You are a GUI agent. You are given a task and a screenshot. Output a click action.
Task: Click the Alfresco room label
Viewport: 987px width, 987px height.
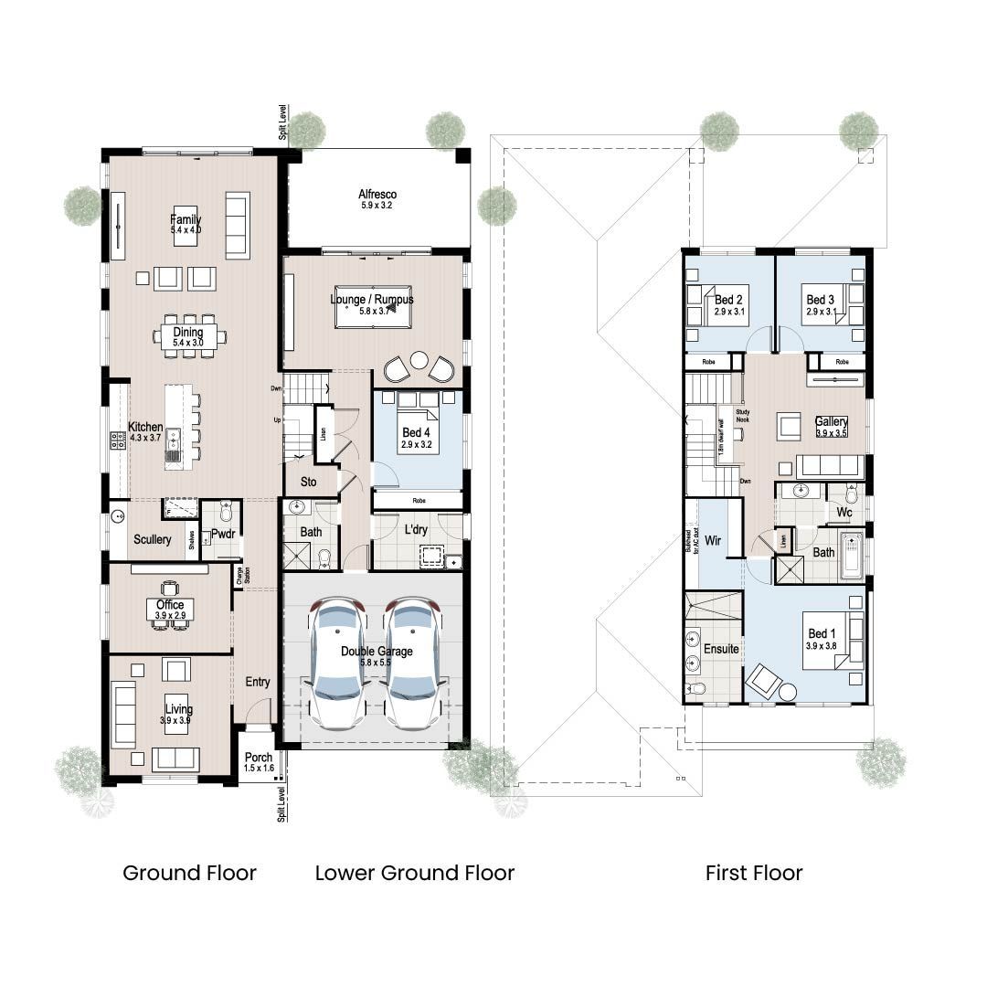click(377, 194)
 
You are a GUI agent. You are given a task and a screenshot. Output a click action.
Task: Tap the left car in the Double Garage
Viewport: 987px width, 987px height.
click(337, 663)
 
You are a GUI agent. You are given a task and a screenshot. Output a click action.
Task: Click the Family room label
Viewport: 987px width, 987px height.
click(186, 219)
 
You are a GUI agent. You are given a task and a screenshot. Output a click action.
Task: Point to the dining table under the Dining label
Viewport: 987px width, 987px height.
click(190, 336)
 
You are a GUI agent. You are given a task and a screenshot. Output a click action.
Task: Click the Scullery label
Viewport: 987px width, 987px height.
click(152, 539)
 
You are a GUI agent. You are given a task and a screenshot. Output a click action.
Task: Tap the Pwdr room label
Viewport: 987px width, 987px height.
click(223, 534)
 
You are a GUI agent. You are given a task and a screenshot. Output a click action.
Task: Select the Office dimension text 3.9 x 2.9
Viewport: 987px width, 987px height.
click(170, 616)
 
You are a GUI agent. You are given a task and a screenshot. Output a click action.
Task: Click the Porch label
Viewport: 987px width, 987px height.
click(259, 758)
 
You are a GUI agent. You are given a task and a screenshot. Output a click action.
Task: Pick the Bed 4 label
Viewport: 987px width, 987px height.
click(415, 432)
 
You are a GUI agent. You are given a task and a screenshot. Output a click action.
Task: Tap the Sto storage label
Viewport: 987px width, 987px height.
click(308, 481)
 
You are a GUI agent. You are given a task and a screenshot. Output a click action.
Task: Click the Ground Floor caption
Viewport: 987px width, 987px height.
click(189, 873)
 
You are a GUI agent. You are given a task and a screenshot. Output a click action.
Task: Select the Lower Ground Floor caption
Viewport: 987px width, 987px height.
click(415, 873)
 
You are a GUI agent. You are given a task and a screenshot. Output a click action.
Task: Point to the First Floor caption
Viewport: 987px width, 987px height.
click(754, 873)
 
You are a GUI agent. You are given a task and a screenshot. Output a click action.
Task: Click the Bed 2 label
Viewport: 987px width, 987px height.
click(727, 300)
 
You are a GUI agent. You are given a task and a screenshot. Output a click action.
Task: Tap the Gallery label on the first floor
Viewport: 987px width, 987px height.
click(832, 422)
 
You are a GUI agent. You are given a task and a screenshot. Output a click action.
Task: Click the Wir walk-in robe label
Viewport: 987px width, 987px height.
click(713, 541)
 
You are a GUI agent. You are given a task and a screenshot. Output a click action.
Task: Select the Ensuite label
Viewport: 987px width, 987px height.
click(721, 649)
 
